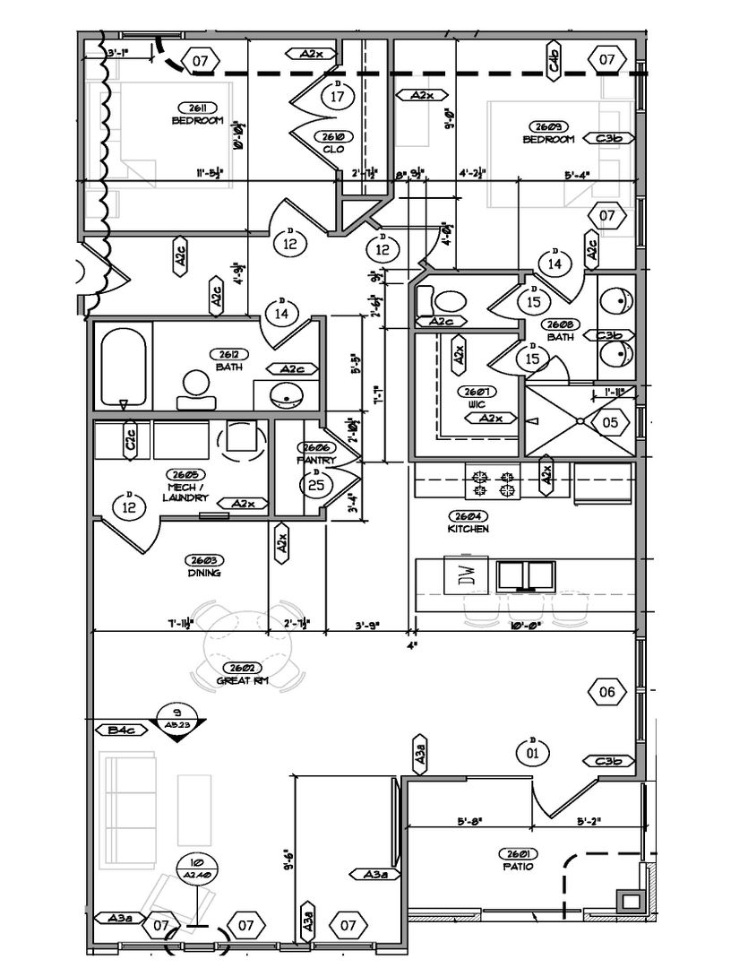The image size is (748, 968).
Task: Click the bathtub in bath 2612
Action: click(x=125, y=368)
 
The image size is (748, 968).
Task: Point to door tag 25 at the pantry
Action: click(x=315, y=485)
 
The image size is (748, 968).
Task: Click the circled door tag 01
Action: click(x=532, y=752)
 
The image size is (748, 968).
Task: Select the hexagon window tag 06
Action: click(x=606, y=691)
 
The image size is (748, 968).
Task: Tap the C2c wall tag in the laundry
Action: click(x=131, y=438)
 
